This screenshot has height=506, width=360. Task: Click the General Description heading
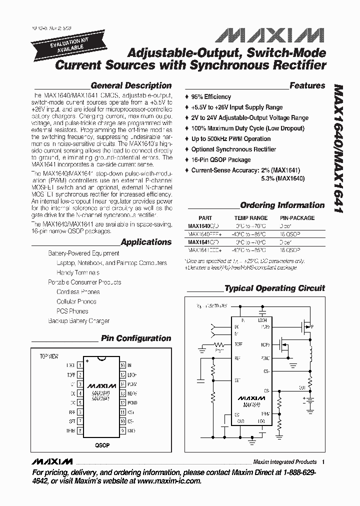tap(131, 85)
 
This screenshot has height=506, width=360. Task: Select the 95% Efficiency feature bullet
tap(211, 96)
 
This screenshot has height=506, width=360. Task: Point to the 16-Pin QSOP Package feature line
tap(221, 160)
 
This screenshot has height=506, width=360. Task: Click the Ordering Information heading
tap(282, 205)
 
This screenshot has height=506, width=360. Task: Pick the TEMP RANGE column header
tap(250, 218)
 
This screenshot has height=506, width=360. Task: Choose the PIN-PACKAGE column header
tap(297, 218)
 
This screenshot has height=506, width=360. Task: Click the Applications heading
tap(146, 242)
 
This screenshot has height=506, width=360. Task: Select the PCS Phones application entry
tap(72, 311)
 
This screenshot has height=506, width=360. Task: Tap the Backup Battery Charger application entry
tap(79, 321)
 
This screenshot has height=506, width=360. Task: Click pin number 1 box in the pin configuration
tap(80, 365)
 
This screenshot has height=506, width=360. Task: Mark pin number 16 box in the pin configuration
tap(122, 365)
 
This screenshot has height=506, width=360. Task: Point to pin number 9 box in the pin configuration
tap(122, 430)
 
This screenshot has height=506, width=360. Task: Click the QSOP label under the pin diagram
tap(101, 445)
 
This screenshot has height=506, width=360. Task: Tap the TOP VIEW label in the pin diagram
tap(49, 356)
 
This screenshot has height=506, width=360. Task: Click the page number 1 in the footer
tap(323, 462)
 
